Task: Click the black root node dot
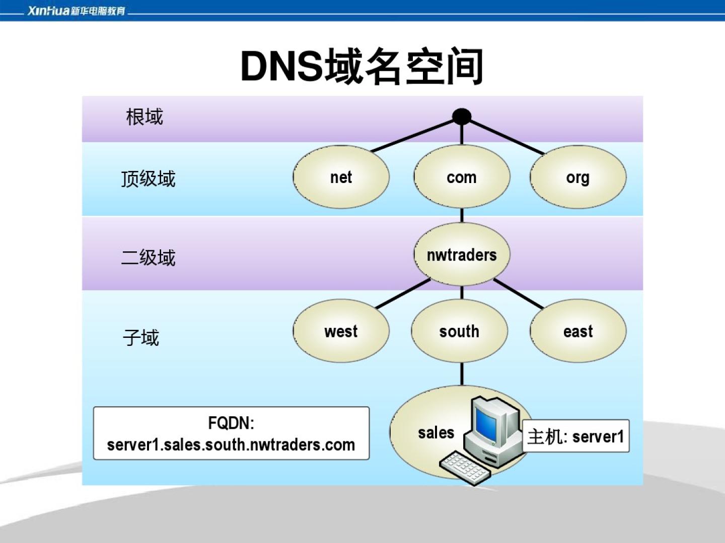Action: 462,117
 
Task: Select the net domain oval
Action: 341,177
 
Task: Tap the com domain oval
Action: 462,177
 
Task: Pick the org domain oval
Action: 577,177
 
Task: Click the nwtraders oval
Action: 462,255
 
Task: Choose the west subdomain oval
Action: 341,331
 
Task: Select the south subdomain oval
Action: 459,331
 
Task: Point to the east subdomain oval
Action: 577,331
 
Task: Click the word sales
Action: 436,432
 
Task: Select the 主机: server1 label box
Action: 575,436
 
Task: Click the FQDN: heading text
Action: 231,423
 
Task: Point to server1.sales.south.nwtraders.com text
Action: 231,444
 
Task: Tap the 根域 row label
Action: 144,117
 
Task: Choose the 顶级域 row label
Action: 148,179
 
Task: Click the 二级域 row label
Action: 148,257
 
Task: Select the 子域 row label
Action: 141,337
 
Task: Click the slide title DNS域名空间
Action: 362,66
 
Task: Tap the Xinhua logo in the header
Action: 76,11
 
